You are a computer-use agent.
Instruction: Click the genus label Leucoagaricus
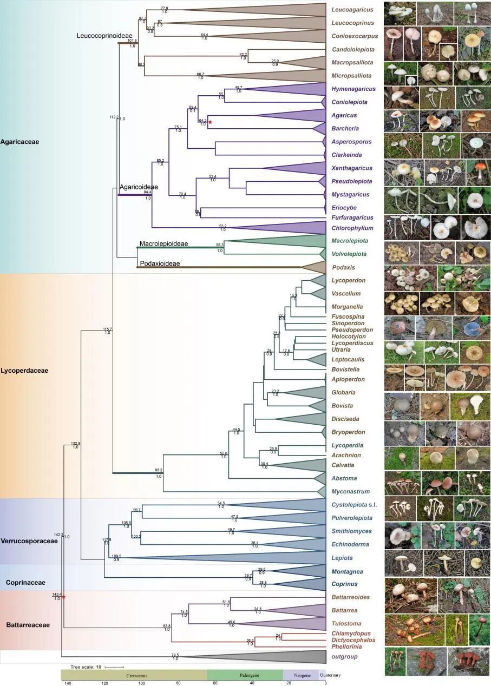tap(350, 10)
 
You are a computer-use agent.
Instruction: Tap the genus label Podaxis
tap(343, 267)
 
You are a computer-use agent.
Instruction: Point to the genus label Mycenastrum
tap(350, 491)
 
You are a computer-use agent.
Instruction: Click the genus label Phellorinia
tap(347, 647)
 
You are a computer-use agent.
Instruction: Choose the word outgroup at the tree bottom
tap(345, 657)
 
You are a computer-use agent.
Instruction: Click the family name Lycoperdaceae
tap(25, 371)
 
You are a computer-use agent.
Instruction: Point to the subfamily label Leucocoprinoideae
tap(105, 35)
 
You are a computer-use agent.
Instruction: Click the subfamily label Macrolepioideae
tap(163, 244)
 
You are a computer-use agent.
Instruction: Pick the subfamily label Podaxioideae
tap(161, 263)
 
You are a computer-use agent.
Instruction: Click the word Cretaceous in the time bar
tap(134, 675)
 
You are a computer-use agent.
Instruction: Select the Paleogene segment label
tap(245, 675)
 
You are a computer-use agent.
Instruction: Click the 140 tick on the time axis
tap(68, 683)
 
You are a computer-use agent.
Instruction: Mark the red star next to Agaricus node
tap(210, 123)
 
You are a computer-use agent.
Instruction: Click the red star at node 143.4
tap(63, 597)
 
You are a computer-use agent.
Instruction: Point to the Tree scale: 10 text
tap(87, 667)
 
